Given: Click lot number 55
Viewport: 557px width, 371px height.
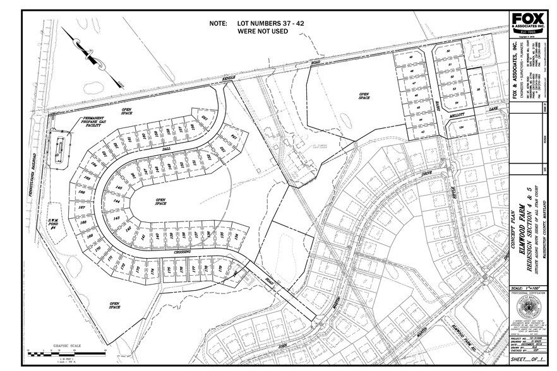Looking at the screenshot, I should pos(479,90).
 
